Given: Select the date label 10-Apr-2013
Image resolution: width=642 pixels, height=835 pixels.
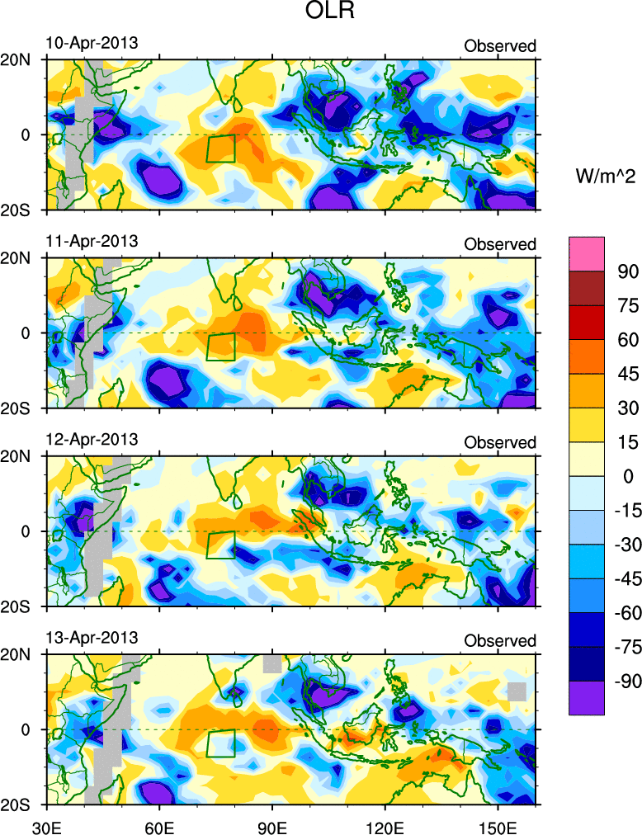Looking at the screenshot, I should tap(91, 43).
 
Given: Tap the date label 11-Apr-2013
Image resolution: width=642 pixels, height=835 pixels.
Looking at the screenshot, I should tap(91, 241).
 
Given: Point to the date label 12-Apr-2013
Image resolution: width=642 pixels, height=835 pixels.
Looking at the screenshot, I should tap(91, 439).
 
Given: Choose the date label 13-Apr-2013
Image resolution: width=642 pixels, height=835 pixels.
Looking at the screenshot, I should tap(91, 638).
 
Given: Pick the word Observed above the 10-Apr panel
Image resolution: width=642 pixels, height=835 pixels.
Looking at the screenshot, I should tap(499, 46).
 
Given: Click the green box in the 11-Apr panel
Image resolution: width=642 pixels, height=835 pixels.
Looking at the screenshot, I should tap(220, 347).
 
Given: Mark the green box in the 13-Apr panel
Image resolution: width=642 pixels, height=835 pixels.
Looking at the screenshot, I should tap(220, 743).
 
